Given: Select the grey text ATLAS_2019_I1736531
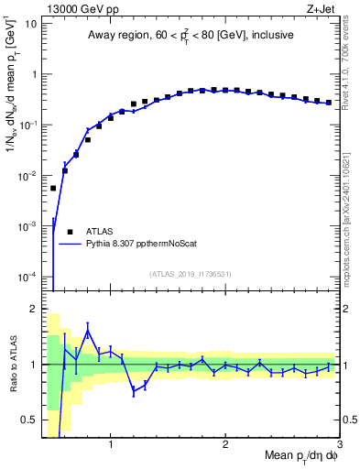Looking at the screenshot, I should [x=191, y=274].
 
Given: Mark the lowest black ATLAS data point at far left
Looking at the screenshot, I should [x=53, y=188].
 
